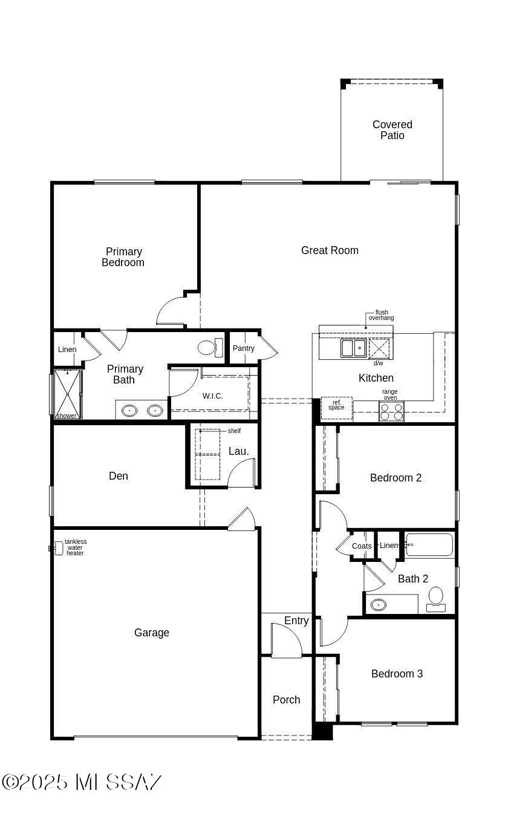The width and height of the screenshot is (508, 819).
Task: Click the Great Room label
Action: tap(330, 250)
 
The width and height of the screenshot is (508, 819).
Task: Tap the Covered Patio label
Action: tap(392, 130)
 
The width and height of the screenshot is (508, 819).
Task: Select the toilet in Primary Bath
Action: tap(210, 347)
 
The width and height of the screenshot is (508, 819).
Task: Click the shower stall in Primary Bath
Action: tap(68, 394)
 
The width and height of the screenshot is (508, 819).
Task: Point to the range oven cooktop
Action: tap(391, 411)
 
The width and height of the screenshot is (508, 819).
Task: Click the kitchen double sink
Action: tap(353, 348)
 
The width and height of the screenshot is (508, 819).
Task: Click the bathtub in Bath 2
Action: tap(429, 545)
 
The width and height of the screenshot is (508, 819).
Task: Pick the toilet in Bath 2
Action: tap(435, 599)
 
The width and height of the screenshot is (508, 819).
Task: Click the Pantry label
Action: tap(243, 348)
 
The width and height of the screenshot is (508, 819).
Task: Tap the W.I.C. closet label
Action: tap(212, 396)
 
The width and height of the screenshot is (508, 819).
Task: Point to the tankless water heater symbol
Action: tap(57, 549)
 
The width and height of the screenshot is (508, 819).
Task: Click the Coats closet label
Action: tap(362, 546)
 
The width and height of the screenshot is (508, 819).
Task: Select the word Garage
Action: tap(152, 633)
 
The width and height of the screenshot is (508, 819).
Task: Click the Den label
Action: tap(119, 476)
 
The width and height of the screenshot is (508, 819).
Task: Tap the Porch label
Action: tap(286, 700)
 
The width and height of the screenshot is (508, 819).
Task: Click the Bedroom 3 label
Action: tap(397, 674)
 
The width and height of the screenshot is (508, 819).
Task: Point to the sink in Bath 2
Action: tap(378, 605)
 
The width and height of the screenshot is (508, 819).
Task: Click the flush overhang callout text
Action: tap(381, 315)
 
